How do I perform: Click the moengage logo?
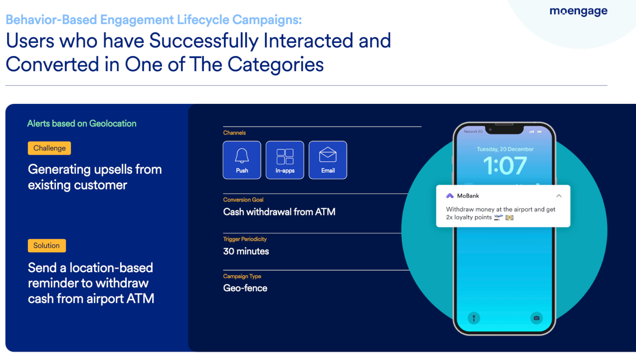tap(578, 11)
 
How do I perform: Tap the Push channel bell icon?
tap(242, 156)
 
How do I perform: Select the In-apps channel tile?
tap(285, 160)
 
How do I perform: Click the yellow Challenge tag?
tap(50, 148)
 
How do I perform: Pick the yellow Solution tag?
tap(47, 246)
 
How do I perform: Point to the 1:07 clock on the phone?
tap(505, 165)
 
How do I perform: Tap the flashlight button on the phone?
tap(474, 318)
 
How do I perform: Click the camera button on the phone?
tap(536, 318)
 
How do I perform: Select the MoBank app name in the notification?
tap(468, 196)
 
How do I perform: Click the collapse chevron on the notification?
tap(559, 196)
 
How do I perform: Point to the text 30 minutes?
tap(246, 251)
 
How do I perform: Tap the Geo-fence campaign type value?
tap(245, 288)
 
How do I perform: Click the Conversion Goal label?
tap(243, 200)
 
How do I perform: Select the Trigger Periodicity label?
tap(245, 239)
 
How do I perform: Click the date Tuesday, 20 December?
tap(505, 149)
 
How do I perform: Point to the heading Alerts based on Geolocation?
tap(82, 123)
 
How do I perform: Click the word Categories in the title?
tap(276, 64)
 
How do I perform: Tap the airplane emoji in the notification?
tap(498, 218)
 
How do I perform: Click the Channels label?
tap(234, 133)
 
